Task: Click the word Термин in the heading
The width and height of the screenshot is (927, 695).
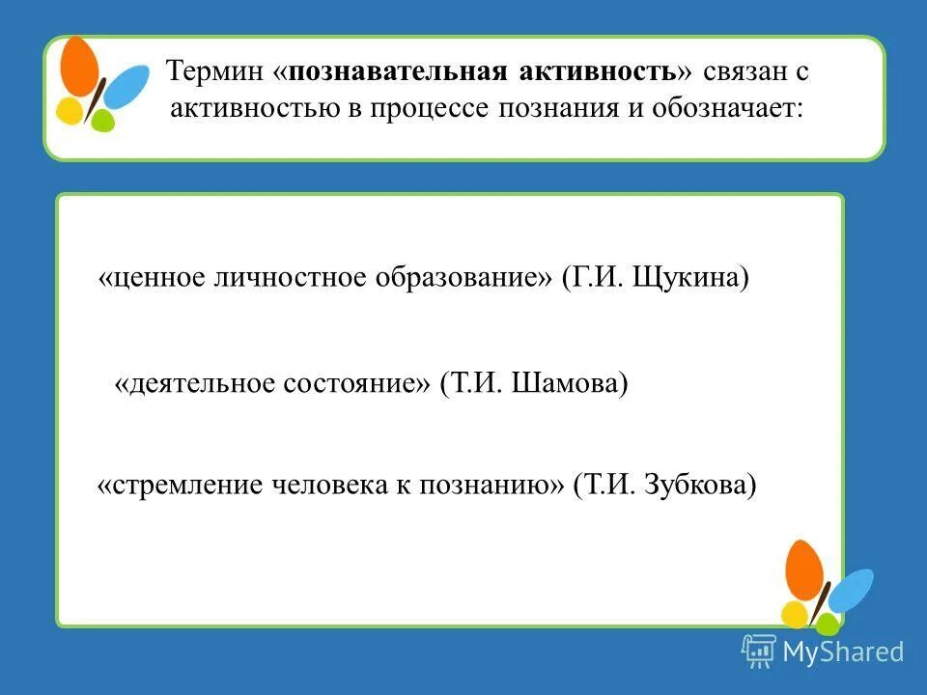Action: coord(213,72)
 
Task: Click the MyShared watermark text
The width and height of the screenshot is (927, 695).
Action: coord(843,653)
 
